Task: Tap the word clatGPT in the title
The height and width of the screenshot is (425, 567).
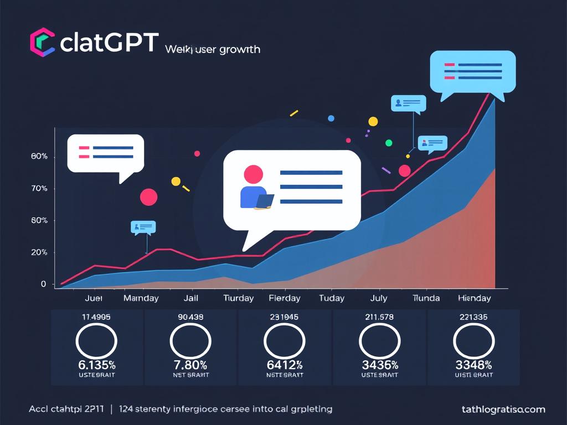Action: click(109, 43)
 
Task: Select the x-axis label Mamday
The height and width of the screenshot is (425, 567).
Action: click(141, 298)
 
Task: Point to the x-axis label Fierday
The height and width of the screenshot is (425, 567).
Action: click(284, 298)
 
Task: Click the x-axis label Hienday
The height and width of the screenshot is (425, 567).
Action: click(474, 298)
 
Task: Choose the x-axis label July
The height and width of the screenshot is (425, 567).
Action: click(378, 298)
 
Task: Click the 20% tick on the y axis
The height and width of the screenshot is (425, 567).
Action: click(40, 252)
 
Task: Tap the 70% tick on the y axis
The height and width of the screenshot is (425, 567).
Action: click(40, 189)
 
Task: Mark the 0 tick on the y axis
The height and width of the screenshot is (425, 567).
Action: click(43, 284)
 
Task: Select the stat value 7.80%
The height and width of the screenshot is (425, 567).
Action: click(190, 365)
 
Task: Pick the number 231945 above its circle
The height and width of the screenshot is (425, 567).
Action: click(284, 317)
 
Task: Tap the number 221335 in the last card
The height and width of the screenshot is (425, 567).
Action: click(473, 317)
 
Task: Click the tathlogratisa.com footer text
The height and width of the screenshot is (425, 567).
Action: click(503, 410)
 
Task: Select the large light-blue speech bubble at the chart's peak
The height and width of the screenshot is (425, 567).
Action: click(472, 72)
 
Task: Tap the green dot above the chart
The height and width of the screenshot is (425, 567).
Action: click(389, 143)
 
